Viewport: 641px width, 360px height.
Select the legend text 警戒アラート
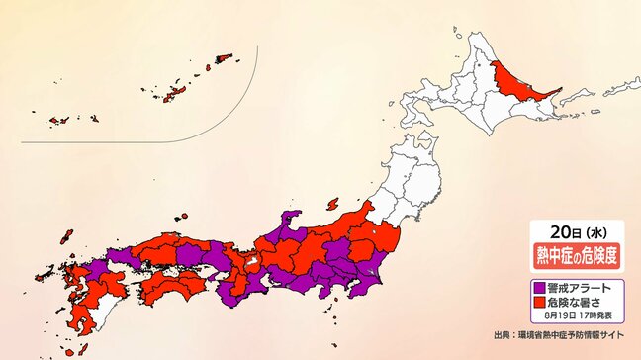tap(574, 286)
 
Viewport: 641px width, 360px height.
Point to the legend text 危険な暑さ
tap(571, 301)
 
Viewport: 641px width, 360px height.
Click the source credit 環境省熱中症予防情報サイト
tap(574, 335)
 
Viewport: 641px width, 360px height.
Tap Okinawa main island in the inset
tap(175, 93)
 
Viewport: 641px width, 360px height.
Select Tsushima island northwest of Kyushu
tap(68, 237)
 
